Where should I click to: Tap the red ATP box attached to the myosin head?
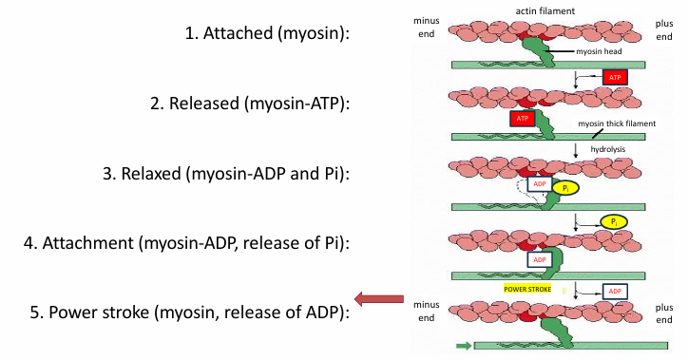[523, 118]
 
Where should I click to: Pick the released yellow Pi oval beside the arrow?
[615, 220]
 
